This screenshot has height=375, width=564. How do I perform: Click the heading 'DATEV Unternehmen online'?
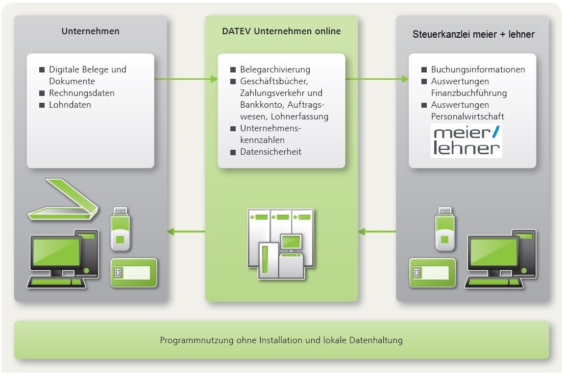click(281, 32)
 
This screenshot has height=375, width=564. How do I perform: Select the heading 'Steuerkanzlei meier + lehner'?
click(473, 34)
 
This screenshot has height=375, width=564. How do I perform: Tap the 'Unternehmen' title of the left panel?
click(91, 32)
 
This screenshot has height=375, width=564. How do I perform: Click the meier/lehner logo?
click(466, 141)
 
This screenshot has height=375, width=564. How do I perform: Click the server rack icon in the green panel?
click(281, 243)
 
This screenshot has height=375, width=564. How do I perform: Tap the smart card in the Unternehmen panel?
click(133, 272)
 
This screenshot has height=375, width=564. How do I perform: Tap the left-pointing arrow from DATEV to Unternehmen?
click(186, 231)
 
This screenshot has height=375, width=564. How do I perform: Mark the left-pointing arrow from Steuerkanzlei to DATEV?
click(377, 231)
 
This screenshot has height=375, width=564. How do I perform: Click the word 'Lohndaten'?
click(70, 105)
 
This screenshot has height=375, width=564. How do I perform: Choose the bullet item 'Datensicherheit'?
click(270, 152)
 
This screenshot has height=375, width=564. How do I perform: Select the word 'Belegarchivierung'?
click(275, 70)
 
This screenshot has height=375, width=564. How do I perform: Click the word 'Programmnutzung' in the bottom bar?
click(189, 340)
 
